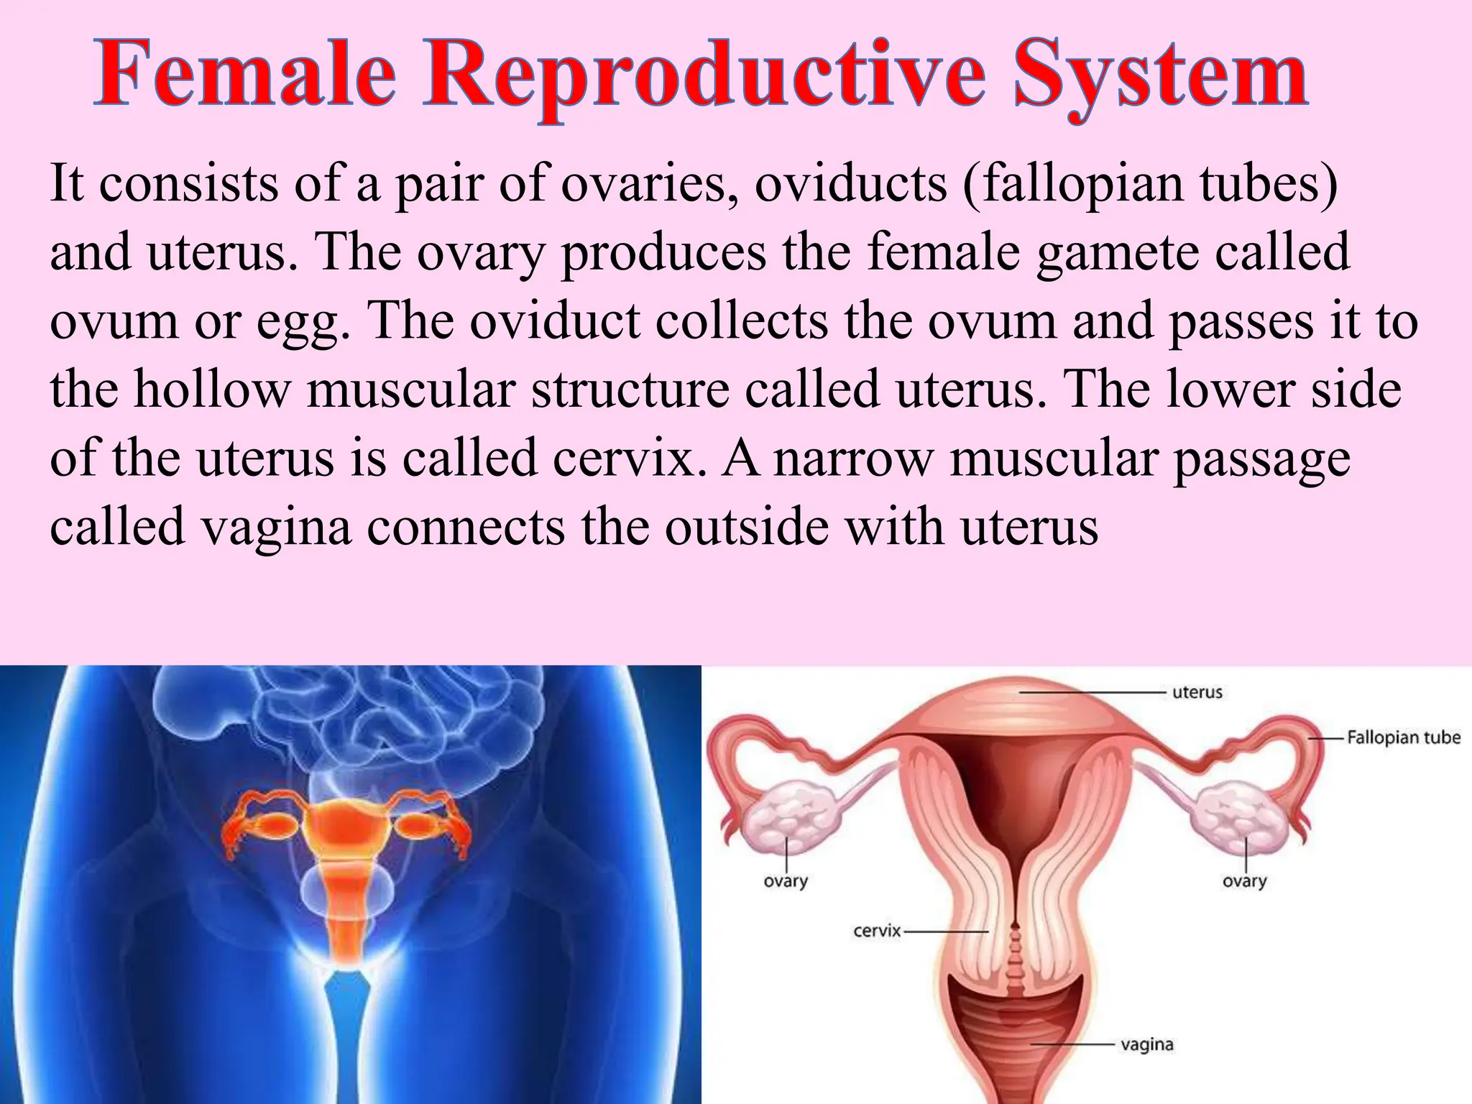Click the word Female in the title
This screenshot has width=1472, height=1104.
[x=245, y=75]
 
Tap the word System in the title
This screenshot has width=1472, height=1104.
[x=1160, y=75]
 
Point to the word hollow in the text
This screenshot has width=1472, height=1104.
[x=212, y=390]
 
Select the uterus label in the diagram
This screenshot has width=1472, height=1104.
[x=1197, y=692]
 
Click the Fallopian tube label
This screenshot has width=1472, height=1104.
[x=1403, y=737]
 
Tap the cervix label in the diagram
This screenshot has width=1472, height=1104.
[x=876, y=931]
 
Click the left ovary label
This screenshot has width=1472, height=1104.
[x=786, y=881]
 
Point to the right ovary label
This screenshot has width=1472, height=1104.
[x=1244, y=881]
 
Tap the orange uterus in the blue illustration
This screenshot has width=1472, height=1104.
[x=350, y=827]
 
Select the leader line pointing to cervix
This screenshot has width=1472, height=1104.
[x=945, y=931]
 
